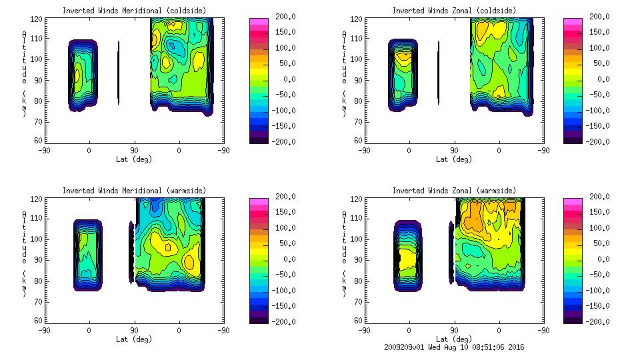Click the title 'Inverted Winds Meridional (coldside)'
134,11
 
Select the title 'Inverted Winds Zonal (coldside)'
454,11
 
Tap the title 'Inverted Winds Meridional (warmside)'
134,191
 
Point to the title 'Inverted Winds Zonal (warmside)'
454,191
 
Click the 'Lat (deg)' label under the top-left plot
134,159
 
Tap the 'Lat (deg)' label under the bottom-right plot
454,339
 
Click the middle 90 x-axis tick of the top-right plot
454,151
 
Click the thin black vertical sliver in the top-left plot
119,73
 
